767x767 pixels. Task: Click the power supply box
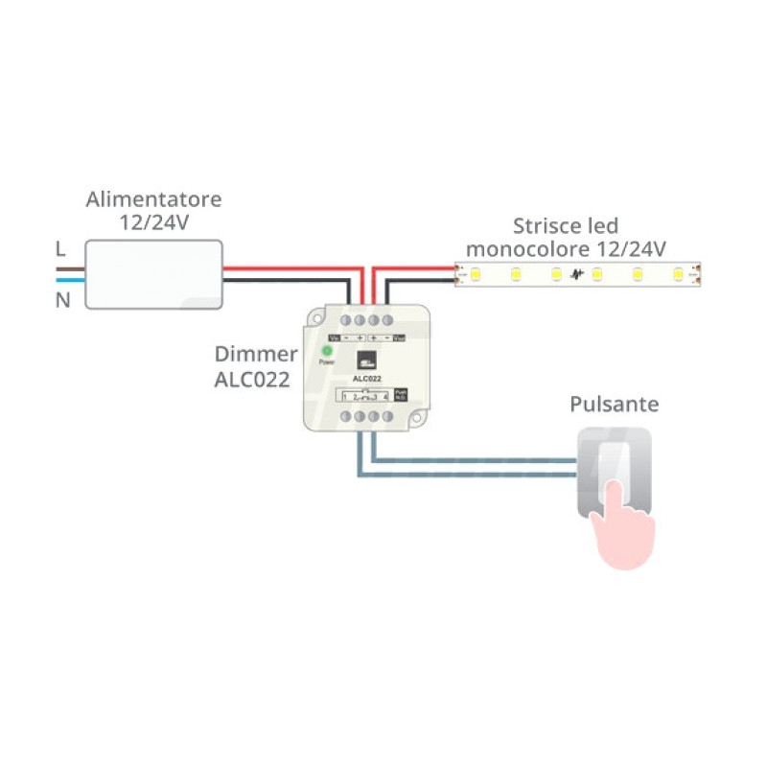154,274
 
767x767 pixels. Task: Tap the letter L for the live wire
60,249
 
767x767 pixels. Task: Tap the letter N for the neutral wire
62,300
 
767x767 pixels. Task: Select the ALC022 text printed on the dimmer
367,380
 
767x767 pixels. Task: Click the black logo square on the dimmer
367,360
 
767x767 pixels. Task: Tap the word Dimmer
256,355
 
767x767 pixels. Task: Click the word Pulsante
615,405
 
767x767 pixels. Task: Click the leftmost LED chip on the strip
475,275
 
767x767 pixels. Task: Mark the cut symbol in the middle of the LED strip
576,276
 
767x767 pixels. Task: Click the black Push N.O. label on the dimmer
401,394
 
